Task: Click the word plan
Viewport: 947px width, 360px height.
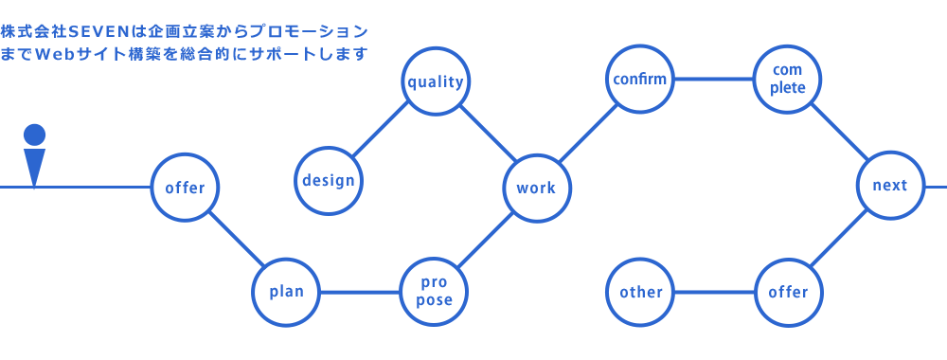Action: pyautogui.click(x=287, y=292)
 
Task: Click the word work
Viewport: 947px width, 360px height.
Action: pyautogui.click(x=536, y=188)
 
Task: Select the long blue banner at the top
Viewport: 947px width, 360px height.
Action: pyautogui.click(x=183, y=43)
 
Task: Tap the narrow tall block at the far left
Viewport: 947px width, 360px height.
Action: pyautogui.click(x=34, y=157)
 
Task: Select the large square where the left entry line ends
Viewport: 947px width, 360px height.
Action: pyautogui.click(x=185, y=187)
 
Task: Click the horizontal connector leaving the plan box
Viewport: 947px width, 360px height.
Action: pyautogui.click(x=360, y=292)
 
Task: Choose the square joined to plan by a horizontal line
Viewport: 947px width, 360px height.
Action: pyautogui.click(x=434, y=292)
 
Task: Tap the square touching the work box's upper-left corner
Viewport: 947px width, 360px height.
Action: pyautogui.click(x=487, y=133)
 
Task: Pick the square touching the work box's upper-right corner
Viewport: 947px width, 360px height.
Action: pyautogui.click(x=580, y=140)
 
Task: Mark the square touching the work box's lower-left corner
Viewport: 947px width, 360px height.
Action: pyautogui.click(x=497, y=226)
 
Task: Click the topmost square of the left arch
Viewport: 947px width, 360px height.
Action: pyautogui.click(x=436, y=81)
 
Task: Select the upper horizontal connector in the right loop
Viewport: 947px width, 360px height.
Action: pyautogui.click(x=713, y=79)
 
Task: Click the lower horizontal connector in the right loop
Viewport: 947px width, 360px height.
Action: pyautogui.click(x=714, y=292)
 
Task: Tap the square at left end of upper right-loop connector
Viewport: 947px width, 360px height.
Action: pyautogui.click(x=639, y=79)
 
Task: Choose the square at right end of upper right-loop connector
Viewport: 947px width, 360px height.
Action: pyautogui.click(x=787, y=79)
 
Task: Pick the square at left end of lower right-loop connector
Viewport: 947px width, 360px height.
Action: pyautogui.click(x=639, y=292)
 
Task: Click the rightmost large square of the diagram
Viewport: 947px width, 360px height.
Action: pyautogui.click(x=890, y=185)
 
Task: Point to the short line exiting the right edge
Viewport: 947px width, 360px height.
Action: pyautogui.click(x=937, y=187)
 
